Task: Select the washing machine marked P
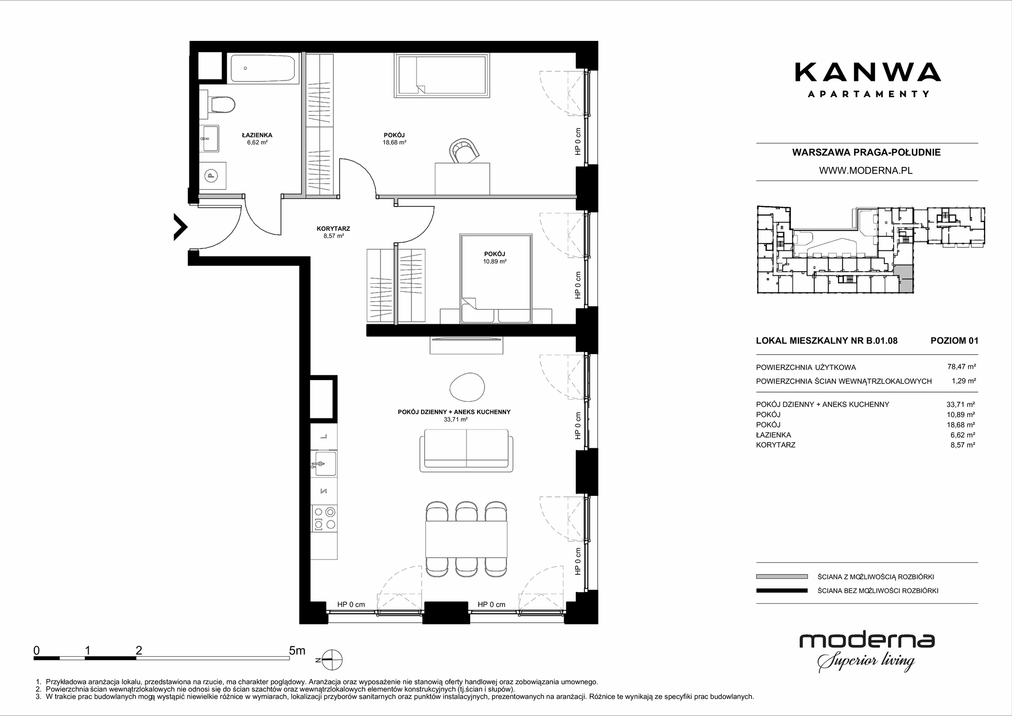pos(212,176)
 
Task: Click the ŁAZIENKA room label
pos(257,135)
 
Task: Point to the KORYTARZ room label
pos(333,229)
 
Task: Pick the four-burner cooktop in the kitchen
pos(324,518)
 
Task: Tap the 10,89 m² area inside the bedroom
pos(495,262)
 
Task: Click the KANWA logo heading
pos(867,72)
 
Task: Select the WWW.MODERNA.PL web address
pos(866,171)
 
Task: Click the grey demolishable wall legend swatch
pos(782,576)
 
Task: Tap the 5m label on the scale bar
pos(297,651)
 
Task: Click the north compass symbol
pos(330,660)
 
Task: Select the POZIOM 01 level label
pos(954,341)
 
